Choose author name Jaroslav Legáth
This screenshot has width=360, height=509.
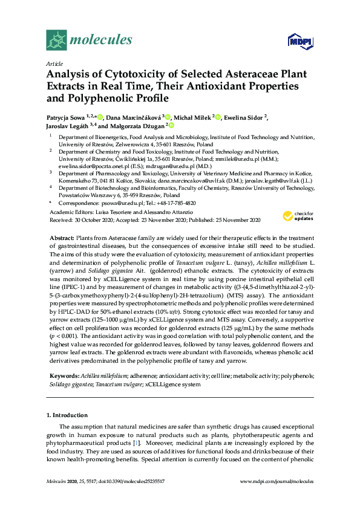coord(67,126)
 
